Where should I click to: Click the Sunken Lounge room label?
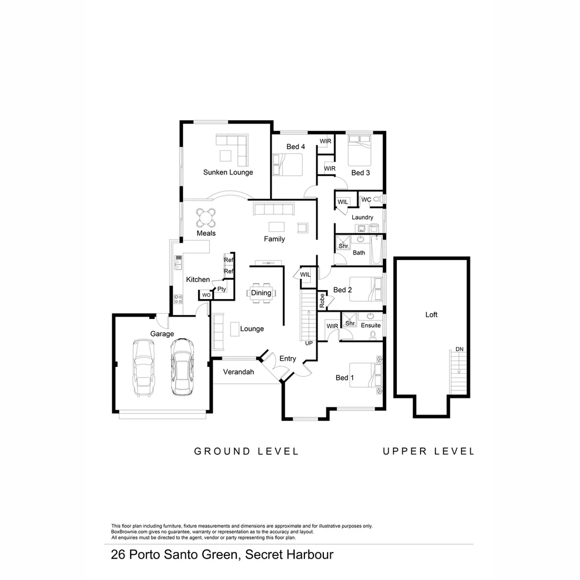pos(228,172)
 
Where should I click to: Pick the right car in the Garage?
pos(182,367)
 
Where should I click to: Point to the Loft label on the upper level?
pos(431,315)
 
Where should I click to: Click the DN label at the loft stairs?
pos(459,349)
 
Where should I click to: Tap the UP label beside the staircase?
pos(309,343)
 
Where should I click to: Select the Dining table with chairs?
pos(261,293)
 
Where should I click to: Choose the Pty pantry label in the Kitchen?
pos(221,289)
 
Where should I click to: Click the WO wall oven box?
pos(206,295)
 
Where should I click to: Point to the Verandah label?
pos(238,372)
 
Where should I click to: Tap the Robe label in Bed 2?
pos(322,300)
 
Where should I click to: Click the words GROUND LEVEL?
pos(246,452)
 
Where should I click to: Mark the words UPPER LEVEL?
pos(428,452)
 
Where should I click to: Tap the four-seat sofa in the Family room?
pos(274,208)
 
